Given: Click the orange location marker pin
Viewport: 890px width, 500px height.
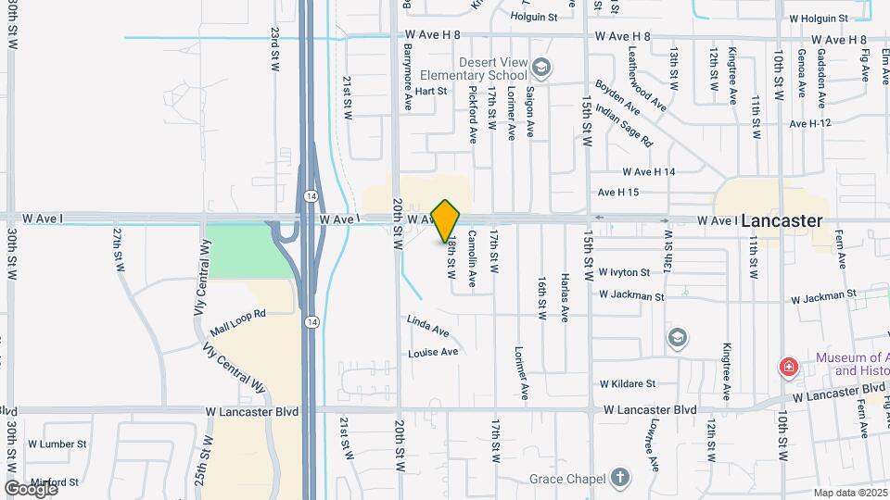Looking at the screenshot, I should [x=446, y=220].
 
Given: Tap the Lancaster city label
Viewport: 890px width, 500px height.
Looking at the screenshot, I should [x=782, y=221].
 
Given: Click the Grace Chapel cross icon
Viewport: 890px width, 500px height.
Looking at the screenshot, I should [x=619, y=478].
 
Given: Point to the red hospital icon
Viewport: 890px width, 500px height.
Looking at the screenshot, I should [x=789, y=368].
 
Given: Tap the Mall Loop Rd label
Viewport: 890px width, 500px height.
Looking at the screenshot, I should [x=238, y=315].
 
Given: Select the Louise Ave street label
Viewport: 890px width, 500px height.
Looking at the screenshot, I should [x=433, y=353].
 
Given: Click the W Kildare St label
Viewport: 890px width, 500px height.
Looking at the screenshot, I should [x=627, y=383].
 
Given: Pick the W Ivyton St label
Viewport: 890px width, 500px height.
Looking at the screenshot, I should [x=624, y=273].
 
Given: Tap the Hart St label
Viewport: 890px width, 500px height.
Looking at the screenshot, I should [x=431, y=91].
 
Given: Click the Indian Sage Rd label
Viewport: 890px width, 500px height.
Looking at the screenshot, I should [x=625, y=126].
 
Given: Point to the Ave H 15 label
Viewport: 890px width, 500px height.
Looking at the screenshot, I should [x=618, y=193].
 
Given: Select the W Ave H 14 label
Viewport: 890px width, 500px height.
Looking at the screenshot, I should [x=649, y=172].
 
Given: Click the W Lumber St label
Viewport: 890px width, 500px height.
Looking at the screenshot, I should [x=57, y=444].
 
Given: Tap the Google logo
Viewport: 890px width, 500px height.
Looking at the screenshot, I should [x=31, y=488].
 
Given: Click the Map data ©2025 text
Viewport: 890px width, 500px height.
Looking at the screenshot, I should [x=850, y=493].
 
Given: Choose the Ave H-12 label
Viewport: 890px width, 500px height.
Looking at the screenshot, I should [x=810, y=123].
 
